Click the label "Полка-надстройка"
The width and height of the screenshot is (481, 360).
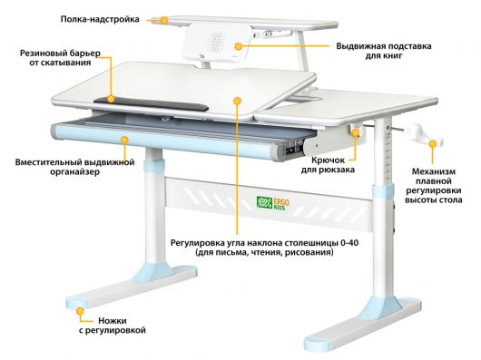pyautogui.click(x=100, y=19)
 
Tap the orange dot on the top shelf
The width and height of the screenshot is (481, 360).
pyautogui.click(x=165, y=21)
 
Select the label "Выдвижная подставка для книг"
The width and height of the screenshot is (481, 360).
pyautogui.click(x=384, y=51)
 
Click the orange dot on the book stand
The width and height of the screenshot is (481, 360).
pyautogui.click(x=238, y=46)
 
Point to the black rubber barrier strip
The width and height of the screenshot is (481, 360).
pyautogui.click(x=151, y=104)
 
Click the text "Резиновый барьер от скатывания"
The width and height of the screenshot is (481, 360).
pyautogui.click(x=60, y=58)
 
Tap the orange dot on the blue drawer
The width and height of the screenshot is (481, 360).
pyautogui.click(x=124, y=141)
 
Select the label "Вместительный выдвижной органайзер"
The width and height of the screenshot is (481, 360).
pyautogui.click(x=74, y=167)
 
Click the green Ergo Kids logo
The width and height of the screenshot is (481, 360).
pyautogui.click(x=272, y=203)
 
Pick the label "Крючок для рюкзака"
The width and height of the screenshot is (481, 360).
pyautogui.click(x=328, y=165)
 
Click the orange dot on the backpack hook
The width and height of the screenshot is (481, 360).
pyautogui.click(x=356, y=132)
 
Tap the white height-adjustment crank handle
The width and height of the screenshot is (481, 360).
pyautogui.click(x=425, y=135)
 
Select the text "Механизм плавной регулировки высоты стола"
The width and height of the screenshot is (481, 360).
pyautogui.click(x=434, y=186)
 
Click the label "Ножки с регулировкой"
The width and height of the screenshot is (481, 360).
pyautogui.click(x=112, y=326)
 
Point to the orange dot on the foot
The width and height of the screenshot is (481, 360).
pyautogui.click(x=81, y=311)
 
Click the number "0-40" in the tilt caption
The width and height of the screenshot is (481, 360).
pyautogui.click(x=348, y=243)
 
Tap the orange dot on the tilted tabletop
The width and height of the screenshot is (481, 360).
pyautogui.click(x=237, y=101)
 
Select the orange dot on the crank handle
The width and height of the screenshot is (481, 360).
pyautogui.click(x=433, y=143)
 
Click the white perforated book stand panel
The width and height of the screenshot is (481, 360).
pyautogui.click(x=217, y=44)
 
